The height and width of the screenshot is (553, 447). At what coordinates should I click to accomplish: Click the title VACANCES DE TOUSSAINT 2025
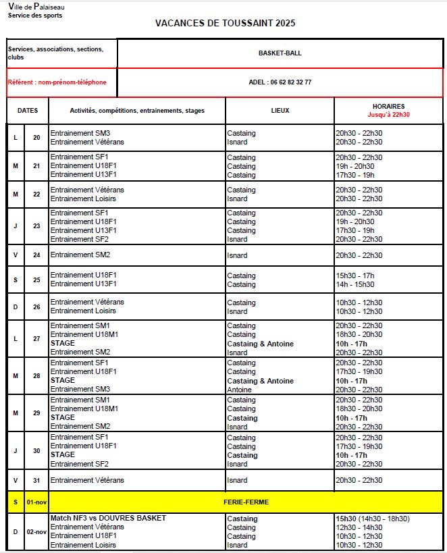coord(225,23)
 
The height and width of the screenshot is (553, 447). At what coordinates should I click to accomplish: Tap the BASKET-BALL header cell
coord(280,53)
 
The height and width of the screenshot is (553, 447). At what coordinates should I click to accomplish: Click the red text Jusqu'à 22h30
coord(388,115)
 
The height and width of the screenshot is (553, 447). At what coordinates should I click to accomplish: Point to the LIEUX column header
coord(280,111)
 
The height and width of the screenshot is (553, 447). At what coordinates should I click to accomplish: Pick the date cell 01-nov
coord(36,502)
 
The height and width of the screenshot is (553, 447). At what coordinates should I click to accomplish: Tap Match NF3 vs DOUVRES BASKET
coord(108,518)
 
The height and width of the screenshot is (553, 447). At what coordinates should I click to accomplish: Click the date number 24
coord(36,255)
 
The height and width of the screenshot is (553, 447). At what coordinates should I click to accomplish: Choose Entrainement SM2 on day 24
coord(80,255)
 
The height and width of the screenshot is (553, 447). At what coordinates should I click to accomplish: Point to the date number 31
coord(36,481)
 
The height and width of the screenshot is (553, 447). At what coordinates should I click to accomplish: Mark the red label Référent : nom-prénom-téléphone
coord(57,82)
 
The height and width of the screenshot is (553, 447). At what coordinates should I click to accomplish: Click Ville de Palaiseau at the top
coord(36,7)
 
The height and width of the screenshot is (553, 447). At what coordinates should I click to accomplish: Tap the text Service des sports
coord(34,15)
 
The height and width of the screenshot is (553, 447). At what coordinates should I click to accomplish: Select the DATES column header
coord(28,111)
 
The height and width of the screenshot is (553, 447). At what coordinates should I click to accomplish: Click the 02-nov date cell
coord(36,532)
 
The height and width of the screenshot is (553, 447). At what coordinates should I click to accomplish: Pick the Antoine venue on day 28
coord(239,390)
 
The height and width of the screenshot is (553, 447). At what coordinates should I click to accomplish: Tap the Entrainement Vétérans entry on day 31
coord(87,480)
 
